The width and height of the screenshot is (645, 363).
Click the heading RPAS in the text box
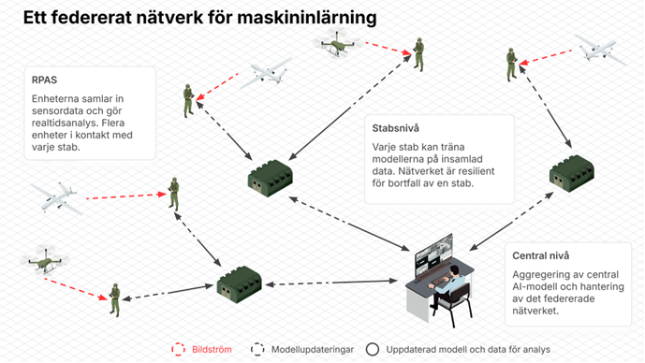pos(44,80)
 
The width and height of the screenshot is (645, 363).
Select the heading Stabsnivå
pos(395,128)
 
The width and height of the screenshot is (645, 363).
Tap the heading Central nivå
pos(540,255)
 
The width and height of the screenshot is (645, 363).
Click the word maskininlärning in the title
pos(307,18)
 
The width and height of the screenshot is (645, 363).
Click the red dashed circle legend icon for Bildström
pos(178,349)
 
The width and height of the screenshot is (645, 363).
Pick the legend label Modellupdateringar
pos(313,349)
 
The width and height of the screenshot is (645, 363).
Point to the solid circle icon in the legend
pos(373,349)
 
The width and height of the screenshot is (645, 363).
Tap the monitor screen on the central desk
pos(434,254)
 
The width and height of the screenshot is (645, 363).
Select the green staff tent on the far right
pos(572,173)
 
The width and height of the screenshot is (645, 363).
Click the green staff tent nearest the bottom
pos(240,284)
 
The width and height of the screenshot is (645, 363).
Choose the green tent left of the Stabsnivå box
pos(271,178)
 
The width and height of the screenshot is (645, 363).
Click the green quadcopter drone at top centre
pos(336,42)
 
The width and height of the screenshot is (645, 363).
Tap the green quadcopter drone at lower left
pos(44,259)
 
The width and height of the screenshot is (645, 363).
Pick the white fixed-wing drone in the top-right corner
pos(600,50)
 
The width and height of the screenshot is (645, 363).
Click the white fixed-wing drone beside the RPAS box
pos(266,73)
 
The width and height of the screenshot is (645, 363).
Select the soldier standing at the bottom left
pos(115,300)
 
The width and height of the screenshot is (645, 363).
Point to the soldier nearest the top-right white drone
pos(512,65)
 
